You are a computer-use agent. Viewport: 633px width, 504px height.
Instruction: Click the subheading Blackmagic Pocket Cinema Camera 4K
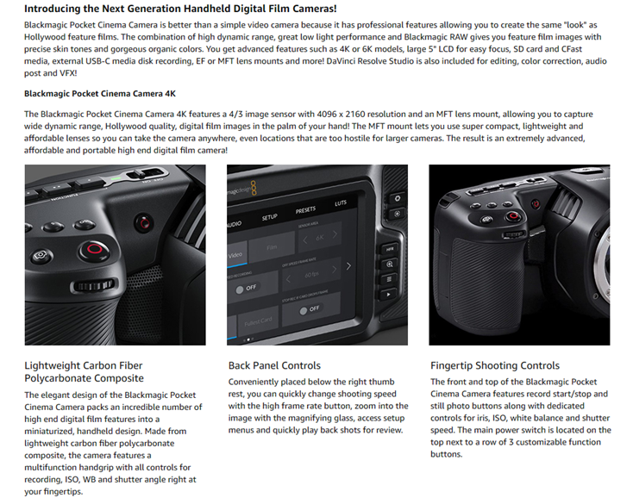click(100, 94)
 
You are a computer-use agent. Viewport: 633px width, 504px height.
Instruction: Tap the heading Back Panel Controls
click(274, 365)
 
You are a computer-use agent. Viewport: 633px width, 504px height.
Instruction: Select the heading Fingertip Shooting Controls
click(495, 365)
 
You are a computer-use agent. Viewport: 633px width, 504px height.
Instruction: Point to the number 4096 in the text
click(327, 114)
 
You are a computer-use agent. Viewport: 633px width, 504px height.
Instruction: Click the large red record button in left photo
click(95, 250)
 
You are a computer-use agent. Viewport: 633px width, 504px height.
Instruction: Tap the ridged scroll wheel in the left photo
click(93, 285)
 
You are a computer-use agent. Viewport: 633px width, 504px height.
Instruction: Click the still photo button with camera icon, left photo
click(41, 256)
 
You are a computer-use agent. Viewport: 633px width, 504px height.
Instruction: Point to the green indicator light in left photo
click(116, 178)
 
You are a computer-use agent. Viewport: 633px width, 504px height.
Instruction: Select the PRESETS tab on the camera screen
click(305, 210)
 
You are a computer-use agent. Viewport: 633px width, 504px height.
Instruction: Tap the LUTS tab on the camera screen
click(341, 202)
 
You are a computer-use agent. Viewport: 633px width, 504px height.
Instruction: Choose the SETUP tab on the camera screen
click(269, 217)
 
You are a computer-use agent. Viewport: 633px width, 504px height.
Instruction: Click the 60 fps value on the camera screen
click(311, 275)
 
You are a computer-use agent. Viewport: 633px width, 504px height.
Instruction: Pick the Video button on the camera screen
click(235, 254)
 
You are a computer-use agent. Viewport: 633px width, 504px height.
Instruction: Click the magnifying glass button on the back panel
click(389, 264)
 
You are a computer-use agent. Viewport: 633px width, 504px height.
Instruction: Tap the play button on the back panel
click(388, 295)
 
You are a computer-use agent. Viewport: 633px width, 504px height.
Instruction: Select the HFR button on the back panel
click(390, 249)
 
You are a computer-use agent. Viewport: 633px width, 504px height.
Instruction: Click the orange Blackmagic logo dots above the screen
click(254, 189)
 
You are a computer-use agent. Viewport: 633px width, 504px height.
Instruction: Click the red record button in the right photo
click(513, 216)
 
